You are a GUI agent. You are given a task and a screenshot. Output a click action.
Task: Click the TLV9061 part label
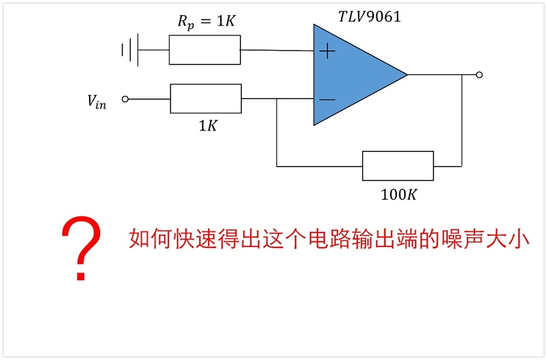[x=370, y=16]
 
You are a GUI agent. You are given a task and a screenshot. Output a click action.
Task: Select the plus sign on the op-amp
[x=328, y=51]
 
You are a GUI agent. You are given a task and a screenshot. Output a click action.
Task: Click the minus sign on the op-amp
[x=328, y=100]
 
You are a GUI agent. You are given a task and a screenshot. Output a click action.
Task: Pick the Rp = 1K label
[x=207, y=22]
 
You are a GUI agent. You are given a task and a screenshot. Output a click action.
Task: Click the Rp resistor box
[x=205, y=50]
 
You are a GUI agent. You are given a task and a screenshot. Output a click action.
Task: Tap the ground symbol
[x=130, y=50]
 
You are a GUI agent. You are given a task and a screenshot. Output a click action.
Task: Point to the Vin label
[x=96, y=102]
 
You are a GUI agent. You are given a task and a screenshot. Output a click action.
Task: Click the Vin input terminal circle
[x=125, y=99]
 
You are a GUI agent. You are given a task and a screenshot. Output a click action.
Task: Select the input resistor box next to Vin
[x=206, y=98]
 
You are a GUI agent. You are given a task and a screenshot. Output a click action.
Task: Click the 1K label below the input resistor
[x=208, y=126]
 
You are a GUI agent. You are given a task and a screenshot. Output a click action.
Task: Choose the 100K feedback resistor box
[x=398, y=166]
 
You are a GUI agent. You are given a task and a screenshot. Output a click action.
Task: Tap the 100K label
[x=399, y=195]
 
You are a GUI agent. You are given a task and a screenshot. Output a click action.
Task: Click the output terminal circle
[x=479, y=75]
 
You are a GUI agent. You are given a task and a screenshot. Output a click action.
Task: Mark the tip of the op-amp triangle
[x=408, y=74]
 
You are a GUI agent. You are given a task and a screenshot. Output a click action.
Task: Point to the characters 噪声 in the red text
[x=462, y=239]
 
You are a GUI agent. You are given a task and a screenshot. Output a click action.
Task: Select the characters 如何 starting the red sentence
[x=150, y=239]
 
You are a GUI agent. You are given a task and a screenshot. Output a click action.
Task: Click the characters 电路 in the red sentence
[x=330, y=239]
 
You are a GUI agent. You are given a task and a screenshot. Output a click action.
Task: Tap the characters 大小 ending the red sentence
[x=508, y=239]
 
